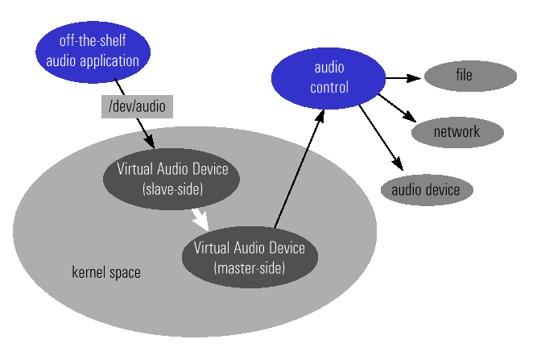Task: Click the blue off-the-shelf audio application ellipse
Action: pos(93,51)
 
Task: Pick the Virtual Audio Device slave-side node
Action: pos(172,180)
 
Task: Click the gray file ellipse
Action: pos(469,77)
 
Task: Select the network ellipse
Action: pos(457,131)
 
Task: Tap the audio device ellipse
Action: pos(426,190)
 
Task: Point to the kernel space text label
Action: pos(106,272)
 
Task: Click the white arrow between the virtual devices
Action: pos(200,218)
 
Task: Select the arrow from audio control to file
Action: pos(403,78)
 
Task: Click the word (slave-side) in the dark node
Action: pos(172,190)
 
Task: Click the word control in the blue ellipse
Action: pos(328,88)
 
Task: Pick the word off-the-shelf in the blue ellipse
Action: pos(93,40)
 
